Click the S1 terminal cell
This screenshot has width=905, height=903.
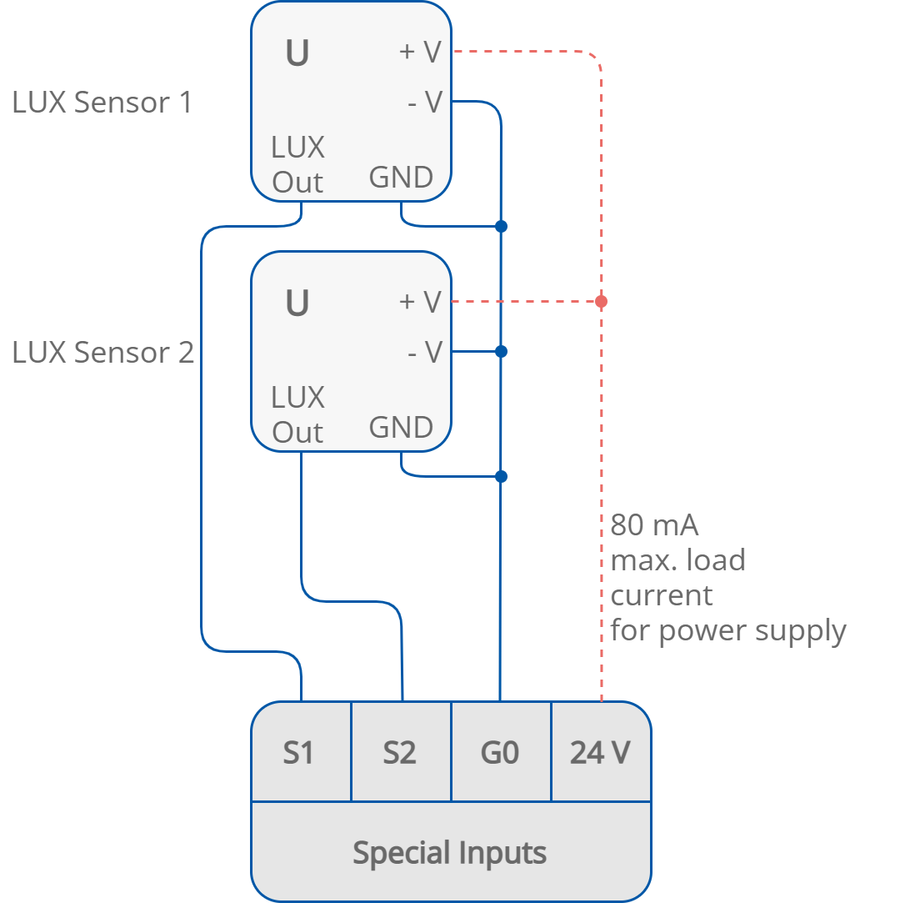click(x=300, y=752)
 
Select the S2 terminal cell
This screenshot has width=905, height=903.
click(x=400, y=752)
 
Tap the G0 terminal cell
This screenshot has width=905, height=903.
click(x=500, y=752)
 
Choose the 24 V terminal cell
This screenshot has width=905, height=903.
click(x=600, y=752)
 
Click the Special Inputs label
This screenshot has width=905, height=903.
click(x=450, y=853)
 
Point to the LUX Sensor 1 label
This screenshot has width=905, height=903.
click(x=102, y=103)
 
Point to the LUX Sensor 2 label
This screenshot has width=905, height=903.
click(x=102, y=353)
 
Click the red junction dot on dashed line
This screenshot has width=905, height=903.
click(x=601, y=301)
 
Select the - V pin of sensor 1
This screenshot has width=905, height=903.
click(x=425, y=102)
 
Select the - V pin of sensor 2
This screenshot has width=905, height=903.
click(x=425, y=352)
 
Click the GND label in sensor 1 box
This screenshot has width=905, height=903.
click(x=401, y=178)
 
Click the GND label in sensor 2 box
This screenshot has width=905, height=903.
click(x=401, y=428)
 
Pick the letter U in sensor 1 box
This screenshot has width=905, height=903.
click(x=297, y=54)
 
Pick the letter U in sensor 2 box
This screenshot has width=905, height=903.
click(x=297, y=304)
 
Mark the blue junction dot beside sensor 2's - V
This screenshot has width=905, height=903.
click(x=501, y=352)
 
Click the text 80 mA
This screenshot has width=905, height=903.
click(x=654, y=525)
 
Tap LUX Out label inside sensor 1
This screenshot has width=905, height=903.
click(x=297, y=165)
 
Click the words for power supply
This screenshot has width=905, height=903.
click(x=728, y=631)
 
